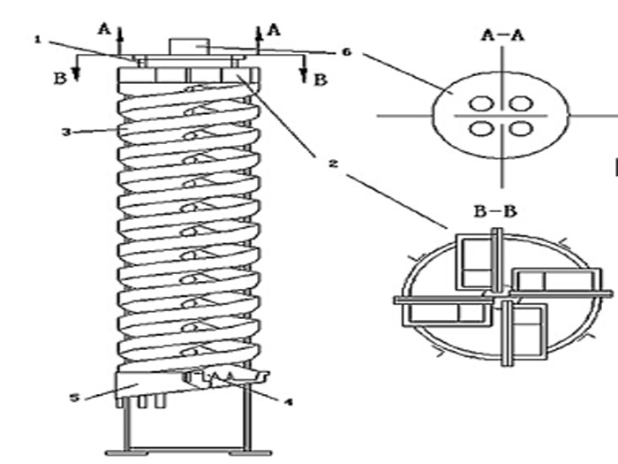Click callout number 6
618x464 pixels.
347,52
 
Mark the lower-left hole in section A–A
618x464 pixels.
482,129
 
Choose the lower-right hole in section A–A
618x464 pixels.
522,129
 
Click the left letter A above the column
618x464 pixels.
105,28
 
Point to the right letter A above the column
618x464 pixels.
274,29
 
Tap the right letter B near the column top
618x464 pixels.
320,80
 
